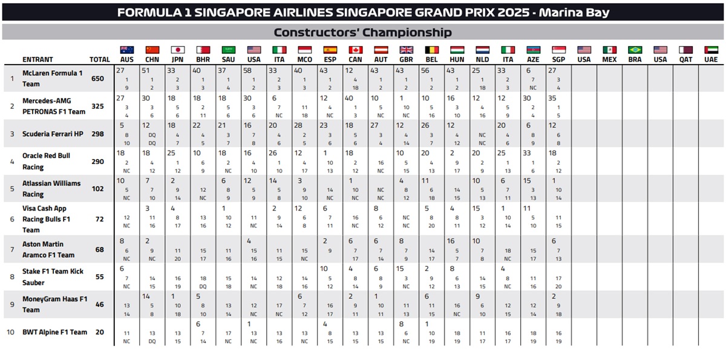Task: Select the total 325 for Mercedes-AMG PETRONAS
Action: coord(98,106)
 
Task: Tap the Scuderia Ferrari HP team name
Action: coord(53,134)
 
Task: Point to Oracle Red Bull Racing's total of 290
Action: coord(98,162)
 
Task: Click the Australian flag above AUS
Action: coord(127,50)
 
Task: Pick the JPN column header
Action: coord(178,60)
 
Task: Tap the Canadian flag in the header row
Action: coord(355,50)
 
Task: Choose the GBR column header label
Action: coord(407,60)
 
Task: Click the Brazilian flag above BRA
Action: coord(635,50)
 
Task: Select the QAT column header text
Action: coord(685,60)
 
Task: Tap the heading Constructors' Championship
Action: coord(362,32)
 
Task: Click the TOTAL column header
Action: coord(99,60)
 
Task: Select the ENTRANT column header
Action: coord(38,60)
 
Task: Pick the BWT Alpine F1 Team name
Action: coord(55,332)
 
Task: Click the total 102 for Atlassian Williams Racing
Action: coord(98,189)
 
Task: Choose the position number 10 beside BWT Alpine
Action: coord(10,332)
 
